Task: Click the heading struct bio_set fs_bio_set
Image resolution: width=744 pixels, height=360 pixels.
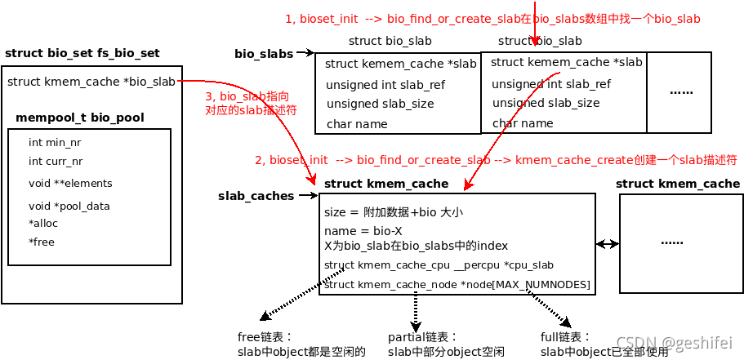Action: [82, 54]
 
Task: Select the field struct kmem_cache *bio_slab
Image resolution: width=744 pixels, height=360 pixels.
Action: [91, 82]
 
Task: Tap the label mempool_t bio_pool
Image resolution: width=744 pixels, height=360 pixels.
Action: [79, 118]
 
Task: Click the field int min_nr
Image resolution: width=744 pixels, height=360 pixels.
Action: [55, 142]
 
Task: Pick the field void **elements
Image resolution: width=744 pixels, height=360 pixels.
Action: [70, 183]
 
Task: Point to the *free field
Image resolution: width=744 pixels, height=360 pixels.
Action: [42, 242]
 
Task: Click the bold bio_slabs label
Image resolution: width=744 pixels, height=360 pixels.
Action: [264, 54]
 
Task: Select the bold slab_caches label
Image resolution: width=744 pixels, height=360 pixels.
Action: [256, 196]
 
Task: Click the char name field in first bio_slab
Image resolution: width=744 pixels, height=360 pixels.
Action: [357, 124]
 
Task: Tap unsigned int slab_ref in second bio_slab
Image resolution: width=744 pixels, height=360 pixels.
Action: [550, 84]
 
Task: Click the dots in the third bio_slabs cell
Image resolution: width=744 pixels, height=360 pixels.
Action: [681, 91]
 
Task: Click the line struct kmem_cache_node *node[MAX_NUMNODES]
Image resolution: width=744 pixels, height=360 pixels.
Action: [457, 284]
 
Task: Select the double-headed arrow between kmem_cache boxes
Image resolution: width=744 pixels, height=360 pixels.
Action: [606, 243]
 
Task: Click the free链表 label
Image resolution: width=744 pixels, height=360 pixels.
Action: [265, 337]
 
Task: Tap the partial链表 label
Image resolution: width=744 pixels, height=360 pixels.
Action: [423, 337]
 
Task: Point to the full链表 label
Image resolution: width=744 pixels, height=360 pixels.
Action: [565, 336]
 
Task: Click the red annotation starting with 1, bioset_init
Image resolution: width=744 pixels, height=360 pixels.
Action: [492, 19]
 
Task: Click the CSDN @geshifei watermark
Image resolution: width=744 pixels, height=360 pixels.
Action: [674, 343]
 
